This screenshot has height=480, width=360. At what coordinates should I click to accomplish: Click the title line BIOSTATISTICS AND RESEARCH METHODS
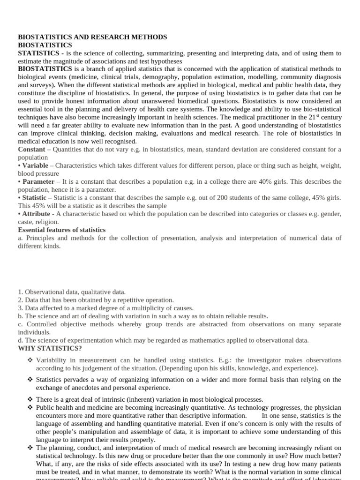(92, 37)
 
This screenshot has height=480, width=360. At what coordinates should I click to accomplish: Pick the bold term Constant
(31, 149)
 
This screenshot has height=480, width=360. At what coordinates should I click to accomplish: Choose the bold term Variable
(35, 165)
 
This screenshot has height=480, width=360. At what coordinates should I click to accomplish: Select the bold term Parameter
(37, 182)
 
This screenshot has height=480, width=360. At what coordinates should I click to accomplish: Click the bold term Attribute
(36, 214)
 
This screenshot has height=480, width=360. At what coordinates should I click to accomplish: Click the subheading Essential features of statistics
(61, 230)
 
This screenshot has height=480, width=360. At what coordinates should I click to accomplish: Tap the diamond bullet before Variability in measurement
(30, 360)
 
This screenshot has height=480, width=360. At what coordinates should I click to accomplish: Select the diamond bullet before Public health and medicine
(30, 408)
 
